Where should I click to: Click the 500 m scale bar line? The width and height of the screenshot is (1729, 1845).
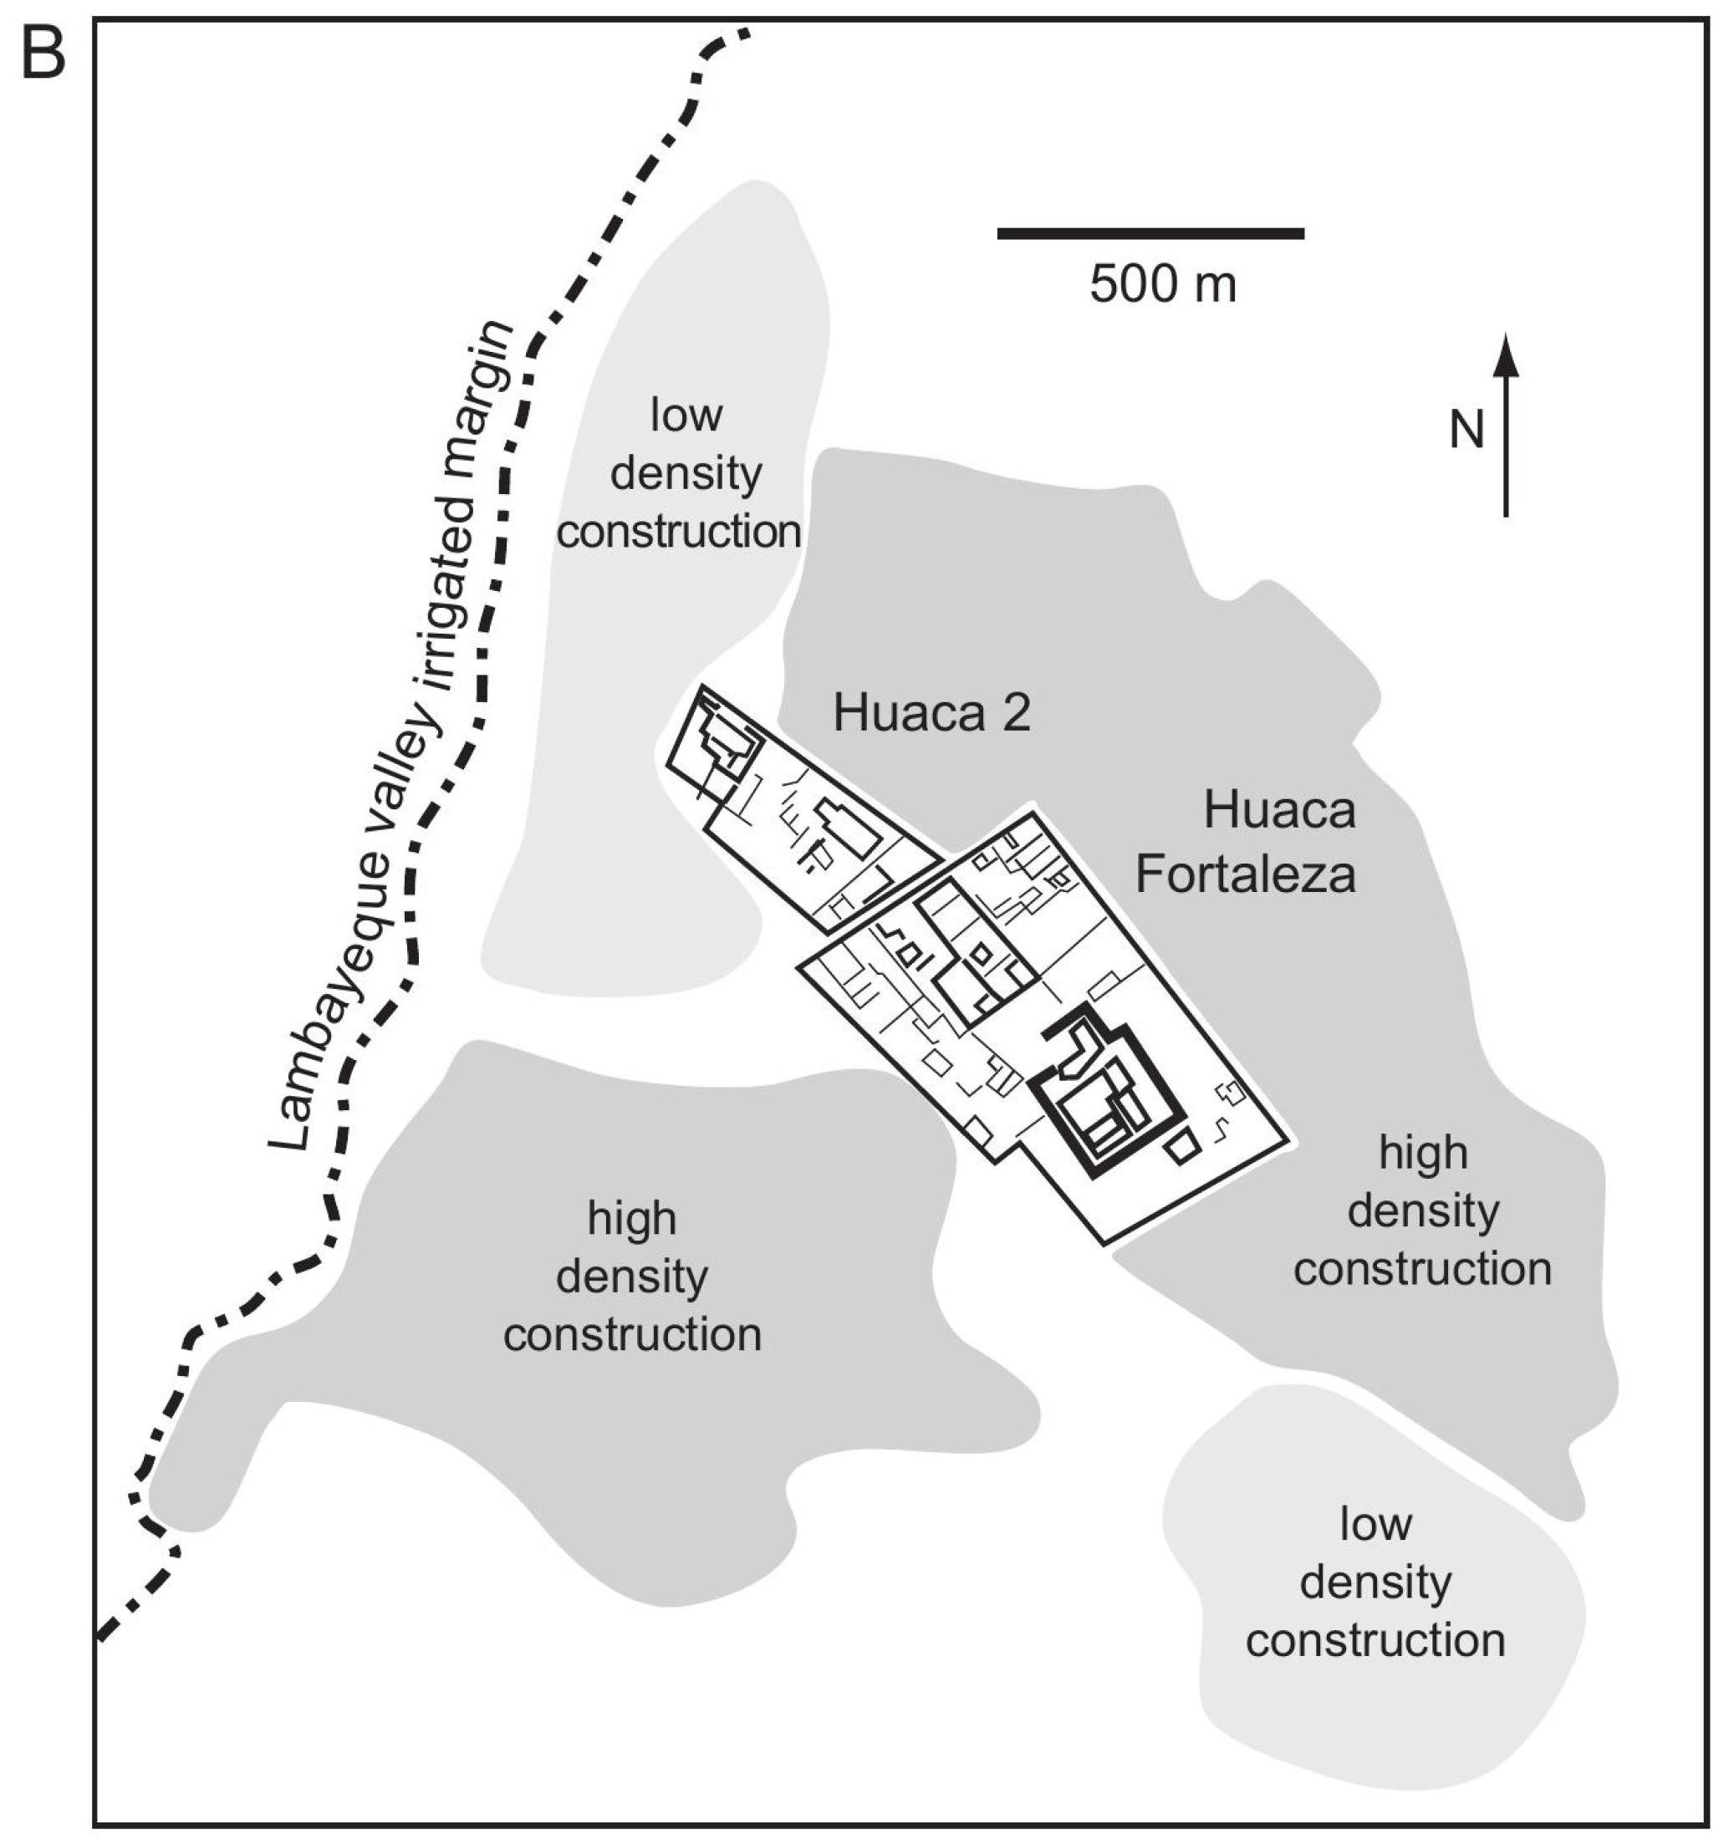[x=1150, y=233]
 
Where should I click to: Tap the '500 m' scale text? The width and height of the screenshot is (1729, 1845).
[x=1162, y=284]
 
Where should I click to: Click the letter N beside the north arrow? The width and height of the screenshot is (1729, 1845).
[x=1466, y=431]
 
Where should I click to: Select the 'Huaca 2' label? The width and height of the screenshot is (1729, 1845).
[x=931, y=714]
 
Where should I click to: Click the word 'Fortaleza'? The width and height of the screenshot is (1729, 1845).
[x=1245, y=874]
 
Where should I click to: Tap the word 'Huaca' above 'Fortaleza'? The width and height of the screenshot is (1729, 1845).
[x=1279, y=810]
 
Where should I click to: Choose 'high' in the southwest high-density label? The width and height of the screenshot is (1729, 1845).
[x=631, y=1218]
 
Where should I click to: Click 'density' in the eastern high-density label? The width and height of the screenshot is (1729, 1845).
[x=1423, y=1210]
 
